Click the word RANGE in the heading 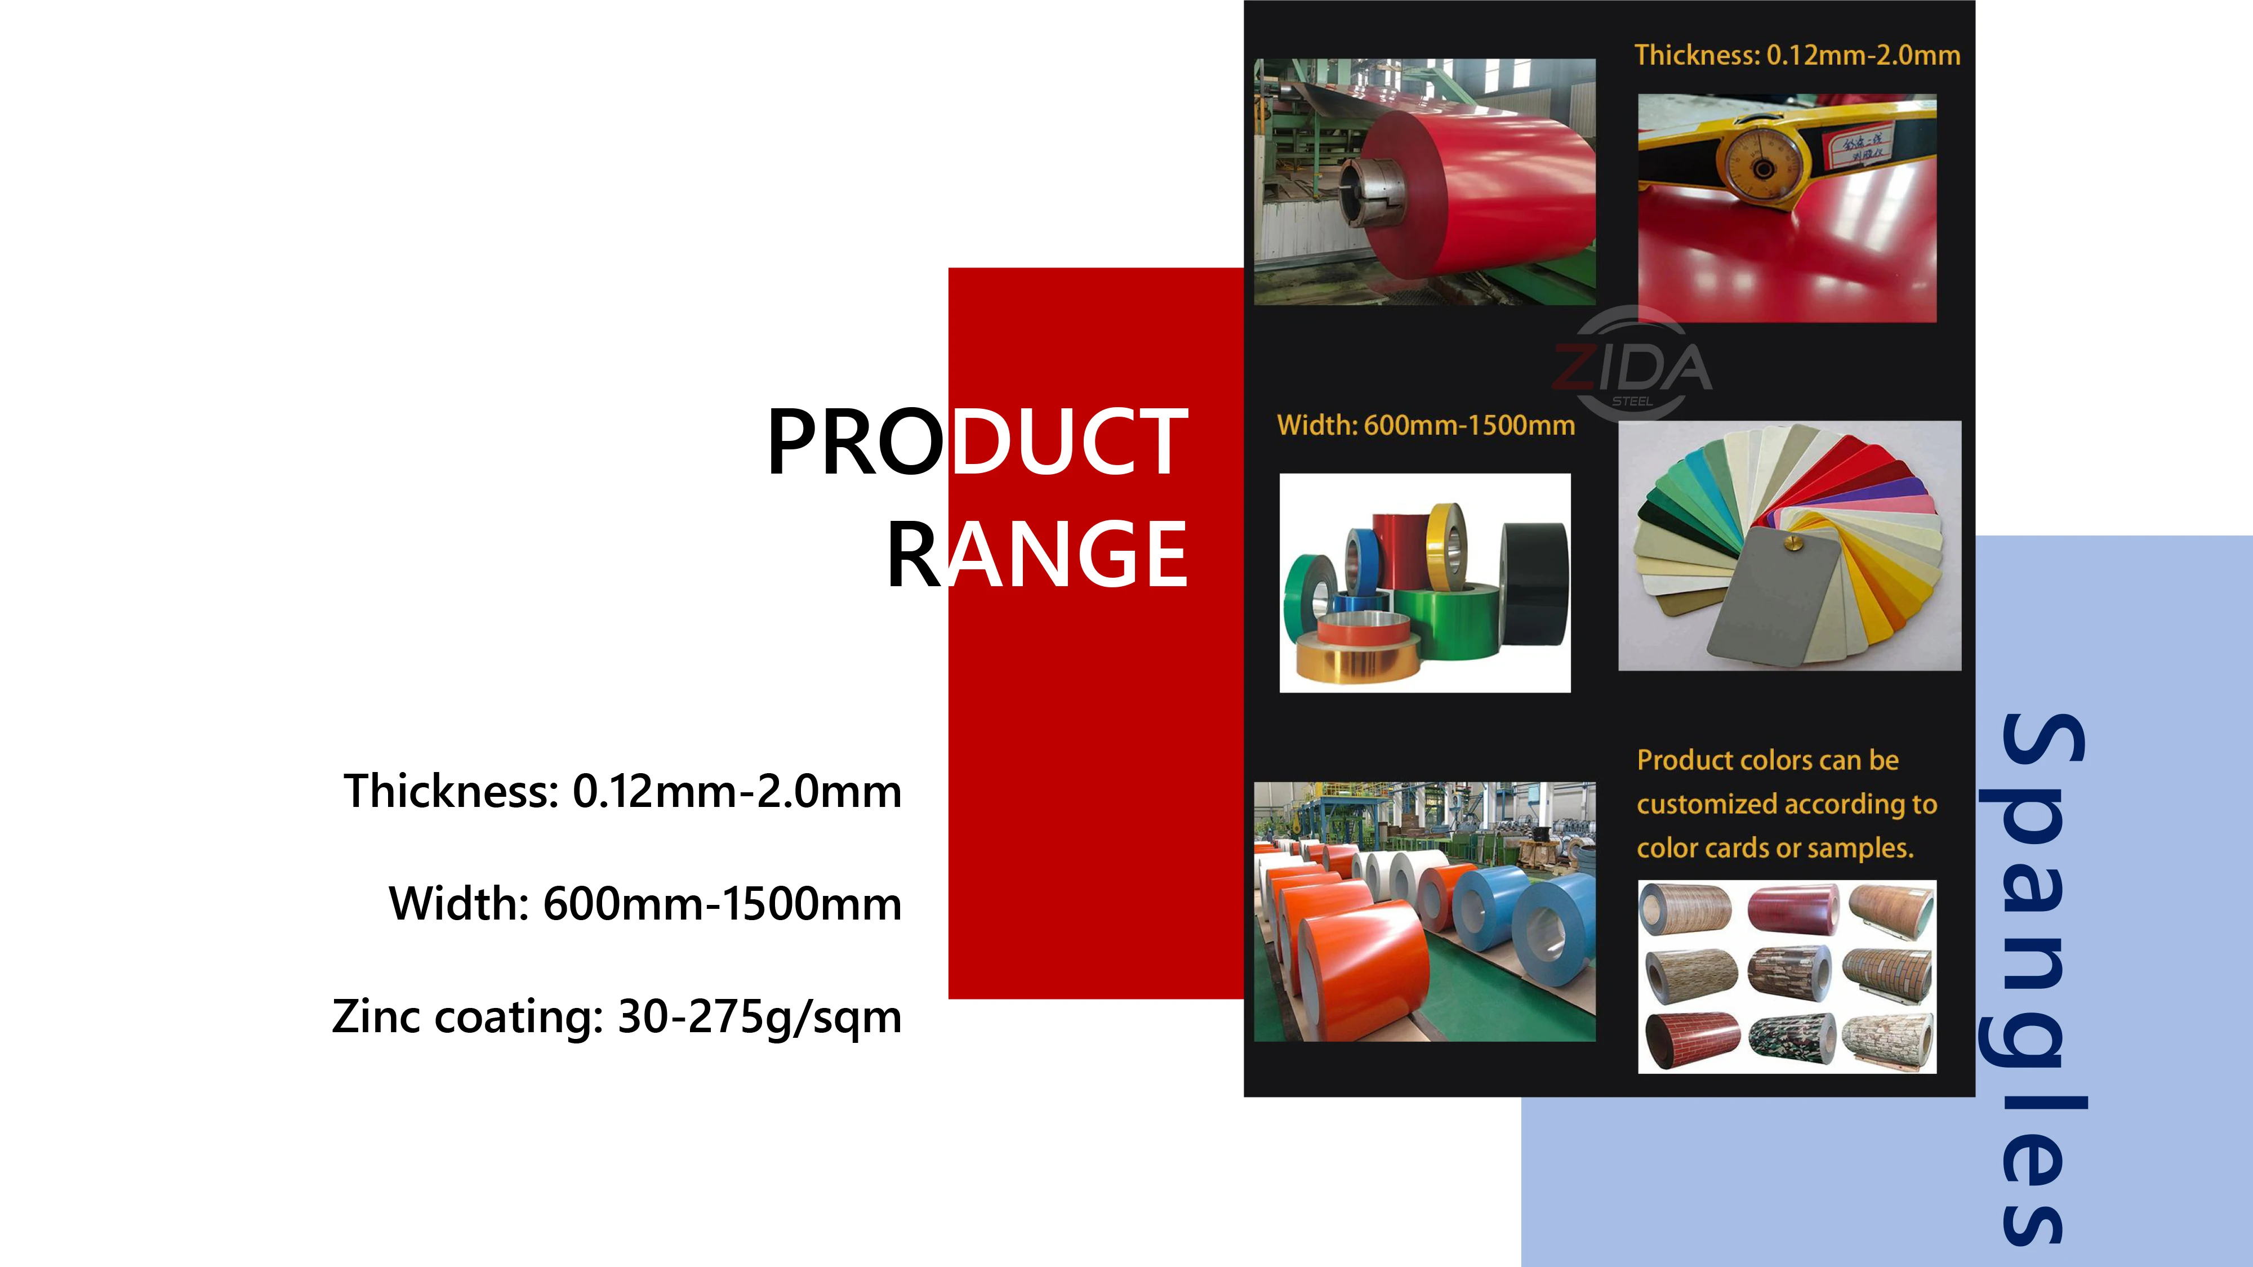(x=1038, y=554)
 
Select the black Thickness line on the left (x=622, y=791)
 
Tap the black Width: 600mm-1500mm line (x=644, y=904)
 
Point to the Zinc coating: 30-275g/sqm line (x=617, y=1017)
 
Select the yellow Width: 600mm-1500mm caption (x=1426, y=426)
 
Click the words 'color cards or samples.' (x=1775, y=848)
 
